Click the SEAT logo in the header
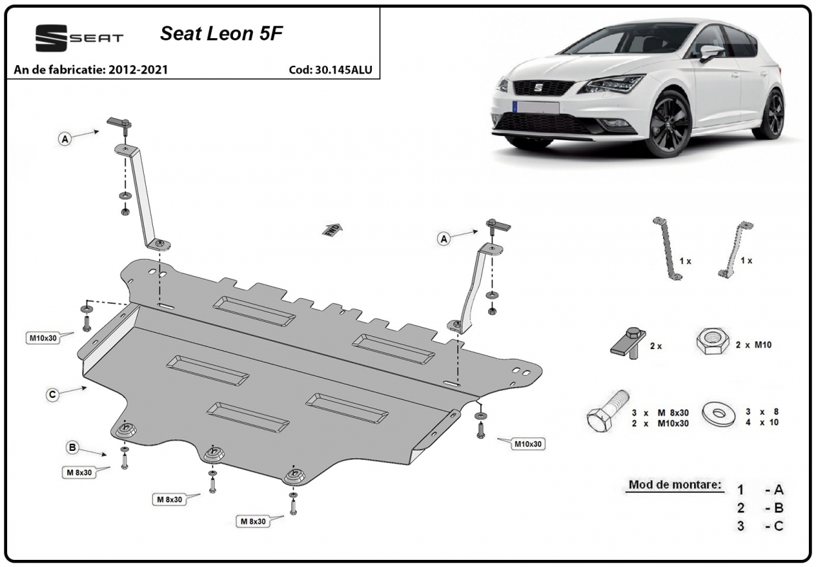79,38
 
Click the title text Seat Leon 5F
221,34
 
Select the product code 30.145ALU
344,69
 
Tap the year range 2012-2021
138,69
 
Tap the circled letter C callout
52,395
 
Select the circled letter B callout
72,447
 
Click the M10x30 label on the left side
42,338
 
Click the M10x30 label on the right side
528,444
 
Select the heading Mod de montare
675,485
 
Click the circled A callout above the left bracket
65,139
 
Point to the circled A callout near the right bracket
443,239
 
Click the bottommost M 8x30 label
253,521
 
